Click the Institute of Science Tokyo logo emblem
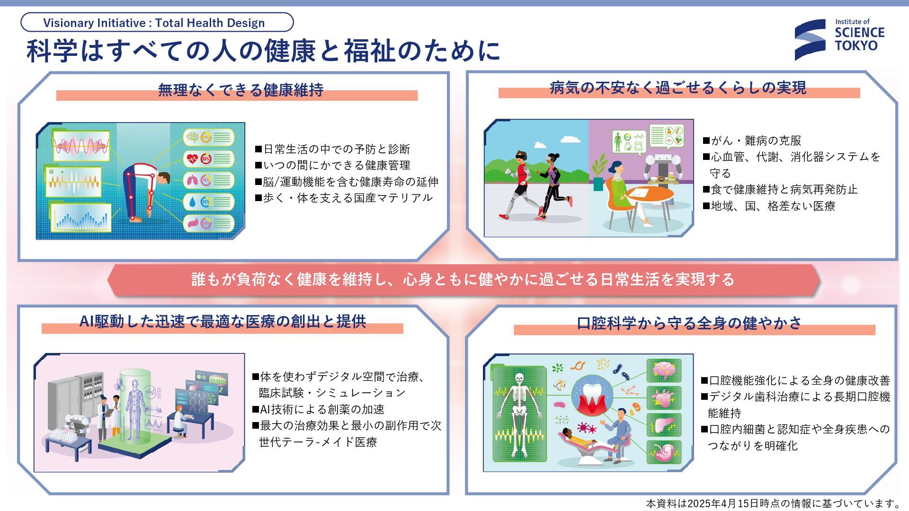pos(810,40)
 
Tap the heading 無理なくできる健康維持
pos(241,90)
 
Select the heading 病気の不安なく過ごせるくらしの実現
pos(678,88)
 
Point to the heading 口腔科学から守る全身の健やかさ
pos(689,323)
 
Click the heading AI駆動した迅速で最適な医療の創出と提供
pos(223,322)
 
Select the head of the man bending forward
pos(163,179)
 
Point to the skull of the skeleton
pos(519,379)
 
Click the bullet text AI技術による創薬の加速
pos(322,409)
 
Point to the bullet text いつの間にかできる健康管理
pos(337,166)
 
